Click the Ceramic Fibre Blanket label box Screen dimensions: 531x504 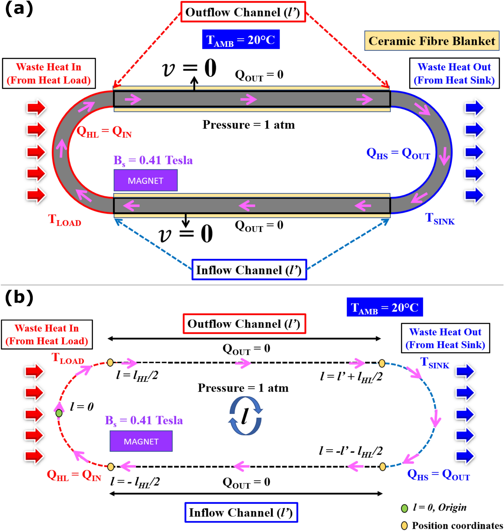pyautogui.click(x=431, y=41)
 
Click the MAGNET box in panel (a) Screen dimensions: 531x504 pyautogui.click(x=145, y=180)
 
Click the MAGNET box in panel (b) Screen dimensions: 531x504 pyautogui.click(x=141, y=441)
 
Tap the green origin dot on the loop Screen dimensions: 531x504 pyautogui.click(x=59, y=413)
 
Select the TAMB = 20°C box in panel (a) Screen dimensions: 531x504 pyautogui.click(x=241, y=39)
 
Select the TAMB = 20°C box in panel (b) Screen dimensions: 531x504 pyautogui.click(x=384, y=307)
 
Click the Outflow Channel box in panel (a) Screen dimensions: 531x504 pyautogui.click(x=243, y=12)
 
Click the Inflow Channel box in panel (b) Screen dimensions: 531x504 pyautogui.click(x=241, y=512)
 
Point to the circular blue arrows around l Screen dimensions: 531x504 pyautogui.click(x=245, y=416)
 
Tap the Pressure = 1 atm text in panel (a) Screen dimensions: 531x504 pyautogui.click(x=249, y=125)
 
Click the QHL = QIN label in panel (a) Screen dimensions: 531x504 pyautogui.click(x=104, y=131)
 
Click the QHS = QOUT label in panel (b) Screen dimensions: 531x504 pyautogui.click(x=438, y=475)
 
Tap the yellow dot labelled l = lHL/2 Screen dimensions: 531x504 pyautogui.click(x=110, y=362)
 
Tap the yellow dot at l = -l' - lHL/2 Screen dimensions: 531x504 pyautogui.click(x=383, y=466)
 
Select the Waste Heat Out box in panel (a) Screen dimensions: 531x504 pyautogui.click(x=454, y=73)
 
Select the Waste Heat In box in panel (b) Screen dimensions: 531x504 pyautogui.click(x=47, y=334)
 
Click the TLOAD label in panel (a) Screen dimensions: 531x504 pyautogui.click(x=65, y=220)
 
